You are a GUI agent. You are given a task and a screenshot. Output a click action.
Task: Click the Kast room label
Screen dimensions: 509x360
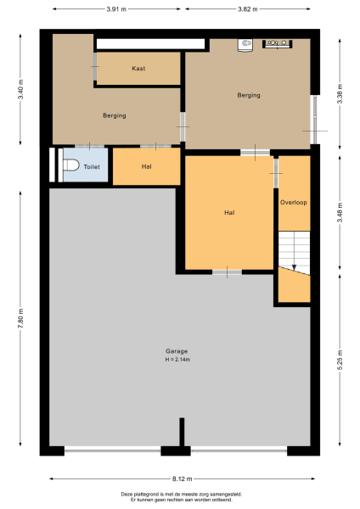pyautogui.click(x=138, y=68)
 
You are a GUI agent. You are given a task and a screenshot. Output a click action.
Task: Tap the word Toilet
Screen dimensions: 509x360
pyautogui.click(x=91, y=167)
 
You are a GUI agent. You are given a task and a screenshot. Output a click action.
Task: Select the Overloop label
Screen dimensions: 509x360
pyautogui.click(x=293, y=203)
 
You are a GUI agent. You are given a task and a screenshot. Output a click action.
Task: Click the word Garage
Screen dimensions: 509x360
pyautogui.click(x=177, y=351)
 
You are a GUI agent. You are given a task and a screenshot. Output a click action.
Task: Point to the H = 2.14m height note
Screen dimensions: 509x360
pyautogui.click(x=177, y=360)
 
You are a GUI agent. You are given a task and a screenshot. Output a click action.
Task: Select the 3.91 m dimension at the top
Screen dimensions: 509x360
pyautogui.click(x=118, y=9)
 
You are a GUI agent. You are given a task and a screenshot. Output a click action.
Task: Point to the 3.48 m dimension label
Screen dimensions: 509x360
pyautogui.click(x=340, y=209)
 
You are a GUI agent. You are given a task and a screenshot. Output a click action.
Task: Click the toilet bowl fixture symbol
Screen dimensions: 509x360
pyautogui.click(x=70, y=166)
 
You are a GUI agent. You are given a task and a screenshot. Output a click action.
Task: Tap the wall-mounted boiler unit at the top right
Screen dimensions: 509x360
pyautogui.click(x=279, y=42)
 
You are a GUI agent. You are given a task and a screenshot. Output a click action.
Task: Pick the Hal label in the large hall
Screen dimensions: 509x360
pyautogui.click(x=229, y=212)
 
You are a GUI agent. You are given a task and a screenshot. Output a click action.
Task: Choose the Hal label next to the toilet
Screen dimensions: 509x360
pyautogui.click(x=146, y=167)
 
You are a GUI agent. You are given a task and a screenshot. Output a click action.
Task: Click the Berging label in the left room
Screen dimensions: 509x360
pyautogui.click(x=115, y=115)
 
